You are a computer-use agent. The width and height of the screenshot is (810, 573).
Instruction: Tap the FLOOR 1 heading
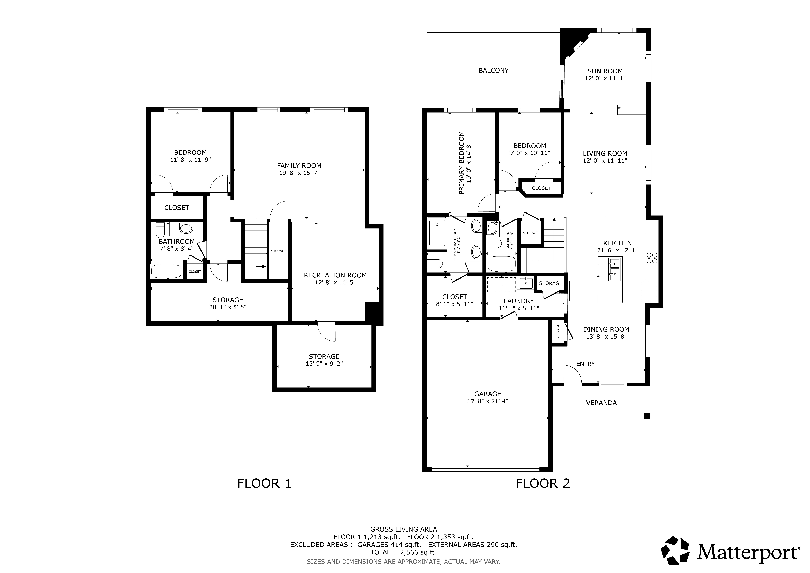coord(264,483)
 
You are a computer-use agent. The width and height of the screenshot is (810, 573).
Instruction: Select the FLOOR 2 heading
coord(543,483)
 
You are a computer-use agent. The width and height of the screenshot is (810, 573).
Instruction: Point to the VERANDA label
coord(601,403)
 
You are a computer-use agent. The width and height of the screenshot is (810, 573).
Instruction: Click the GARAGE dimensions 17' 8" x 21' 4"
coord(488,401)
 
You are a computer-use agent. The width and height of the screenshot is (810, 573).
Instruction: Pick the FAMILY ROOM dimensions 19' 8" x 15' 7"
coord(299,173)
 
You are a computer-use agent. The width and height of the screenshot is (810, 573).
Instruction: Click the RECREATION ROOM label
coord(335,275)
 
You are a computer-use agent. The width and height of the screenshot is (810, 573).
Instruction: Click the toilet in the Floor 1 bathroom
coord(160,230)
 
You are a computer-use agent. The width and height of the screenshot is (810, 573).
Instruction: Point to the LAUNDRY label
coord(519,301)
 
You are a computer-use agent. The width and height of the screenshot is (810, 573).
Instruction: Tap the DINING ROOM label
coord(606,329)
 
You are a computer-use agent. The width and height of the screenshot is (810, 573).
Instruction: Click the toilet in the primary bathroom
coord(435,264)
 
